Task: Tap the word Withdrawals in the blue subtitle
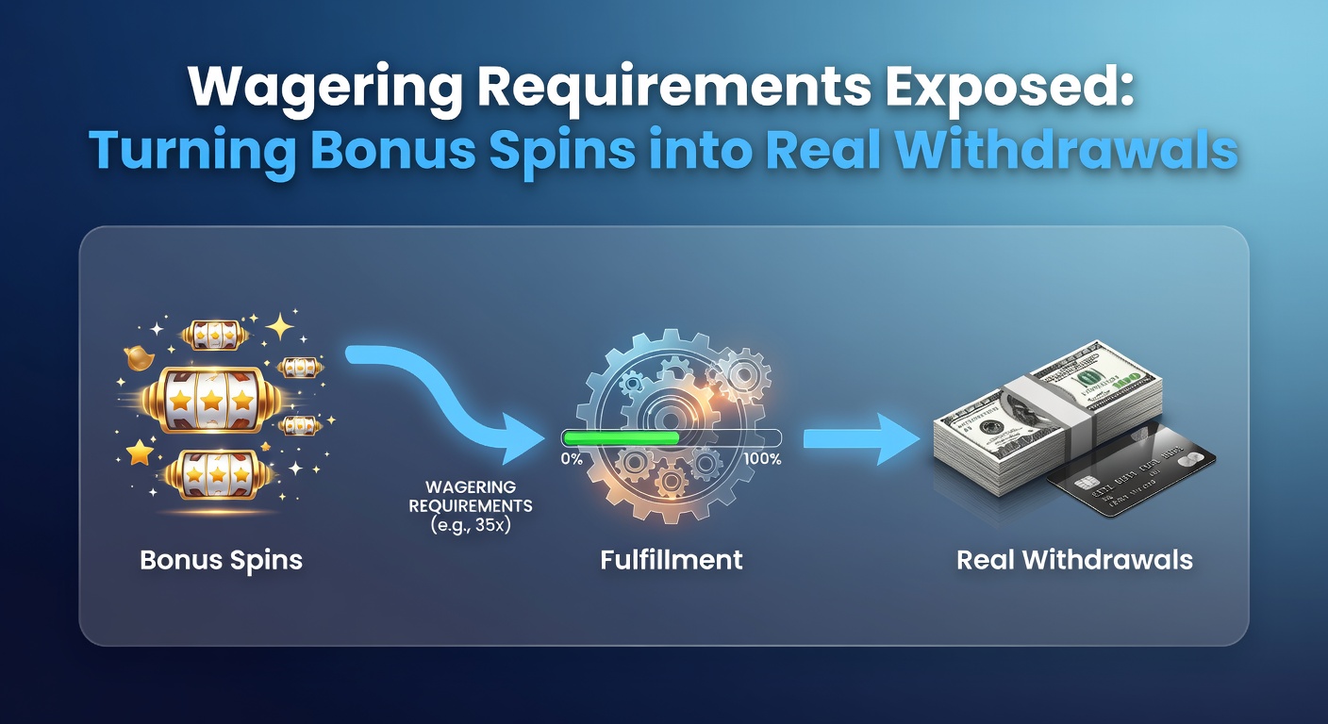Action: click(x=1067, y=149)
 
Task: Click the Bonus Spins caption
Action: click(x=221, y=561)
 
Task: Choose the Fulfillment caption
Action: click(x=672, y=560)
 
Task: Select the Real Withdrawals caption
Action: click(x=1074, y=560)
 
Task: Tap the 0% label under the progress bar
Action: click(x=572, y=459)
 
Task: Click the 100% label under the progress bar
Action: click(x=762, y=459)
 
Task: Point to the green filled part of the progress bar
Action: click(x=622, y=437)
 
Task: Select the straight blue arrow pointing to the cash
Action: click(x=861, y=439)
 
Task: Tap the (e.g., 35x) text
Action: click(x=471, y=525)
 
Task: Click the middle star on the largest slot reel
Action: click(x=211, y=401)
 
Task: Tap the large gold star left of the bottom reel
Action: click(x=140, y=452)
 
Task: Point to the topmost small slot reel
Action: click(x=215, y=336)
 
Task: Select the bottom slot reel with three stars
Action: click(x=219, y=474)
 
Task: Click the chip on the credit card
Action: click(x=1085, y=484)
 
